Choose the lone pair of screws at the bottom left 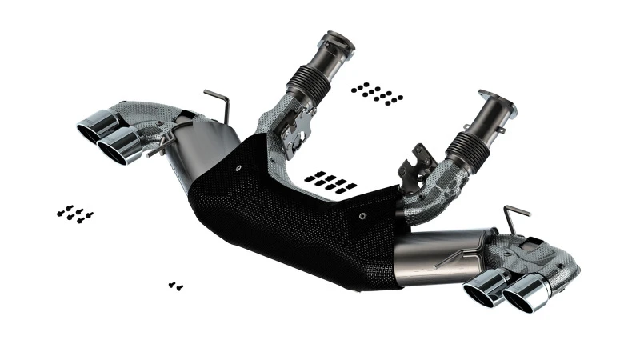pos(176,284)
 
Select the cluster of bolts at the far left pos(74,214)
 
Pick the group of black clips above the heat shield pos(329,181)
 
